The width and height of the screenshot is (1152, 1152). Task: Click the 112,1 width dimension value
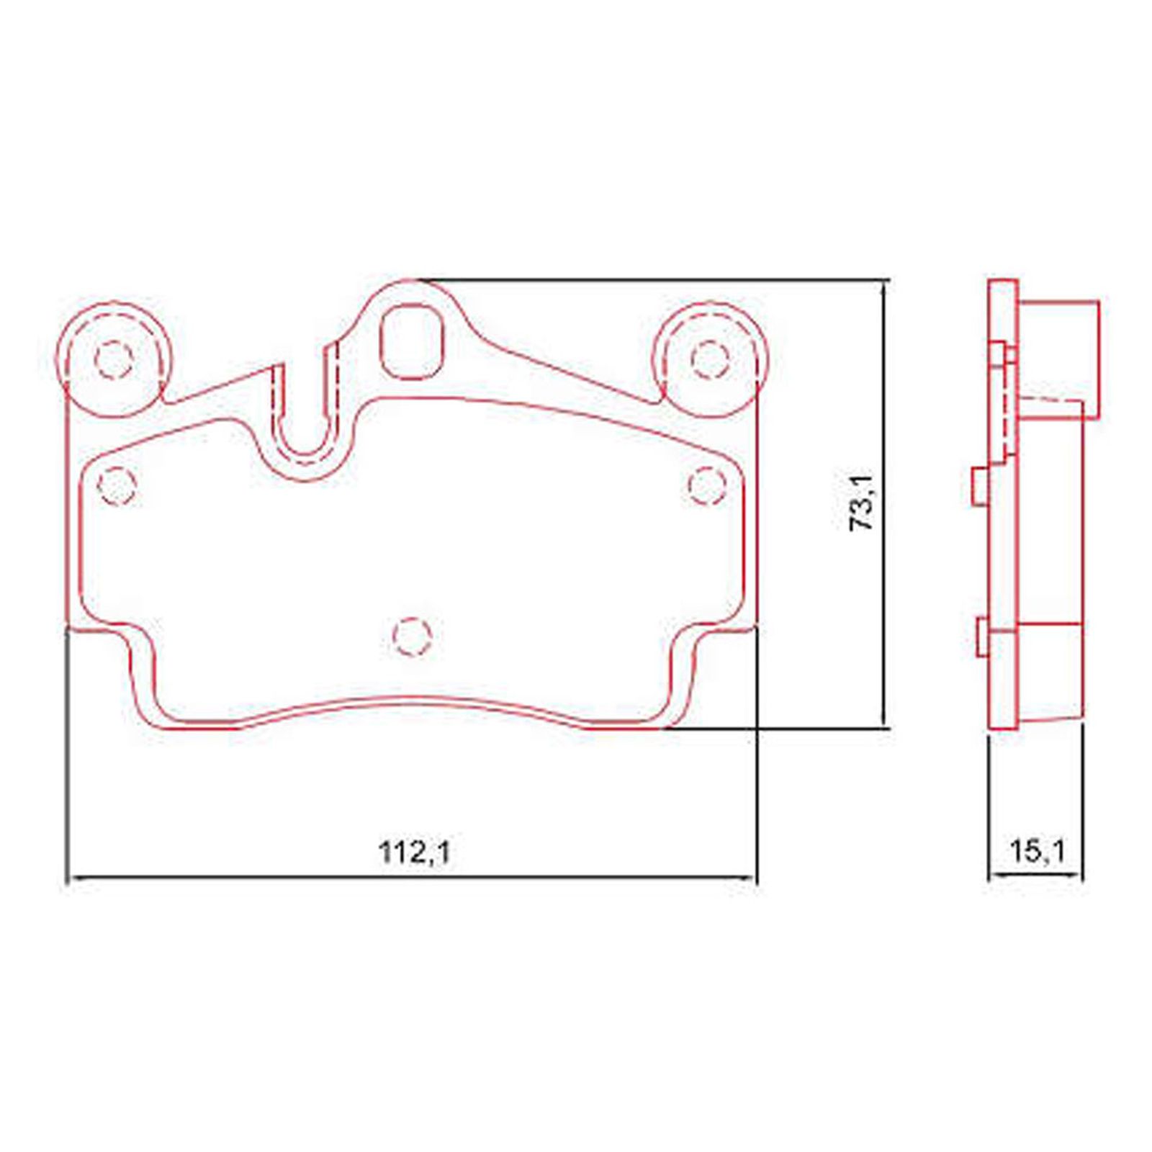tap(414, 853)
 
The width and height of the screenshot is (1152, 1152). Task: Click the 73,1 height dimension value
tap(862, 503)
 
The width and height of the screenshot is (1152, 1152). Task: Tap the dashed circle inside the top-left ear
tap(114, 359)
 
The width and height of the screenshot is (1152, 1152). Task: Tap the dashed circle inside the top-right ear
tap(709, 359)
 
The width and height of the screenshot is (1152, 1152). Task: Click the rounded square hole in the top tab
tap(410, 342)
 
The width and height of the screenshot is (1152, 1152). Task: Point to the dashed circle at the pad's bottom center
tap(413, 636)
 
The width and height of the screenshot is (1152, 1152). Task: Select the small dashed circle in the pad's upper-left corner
tap(116, 486)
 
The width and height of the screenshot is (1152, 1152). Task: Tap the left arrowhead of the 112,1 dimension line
tap(72, 878)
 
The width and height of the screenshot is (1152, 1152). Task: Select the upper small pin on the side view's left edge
tap(978, 487)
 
